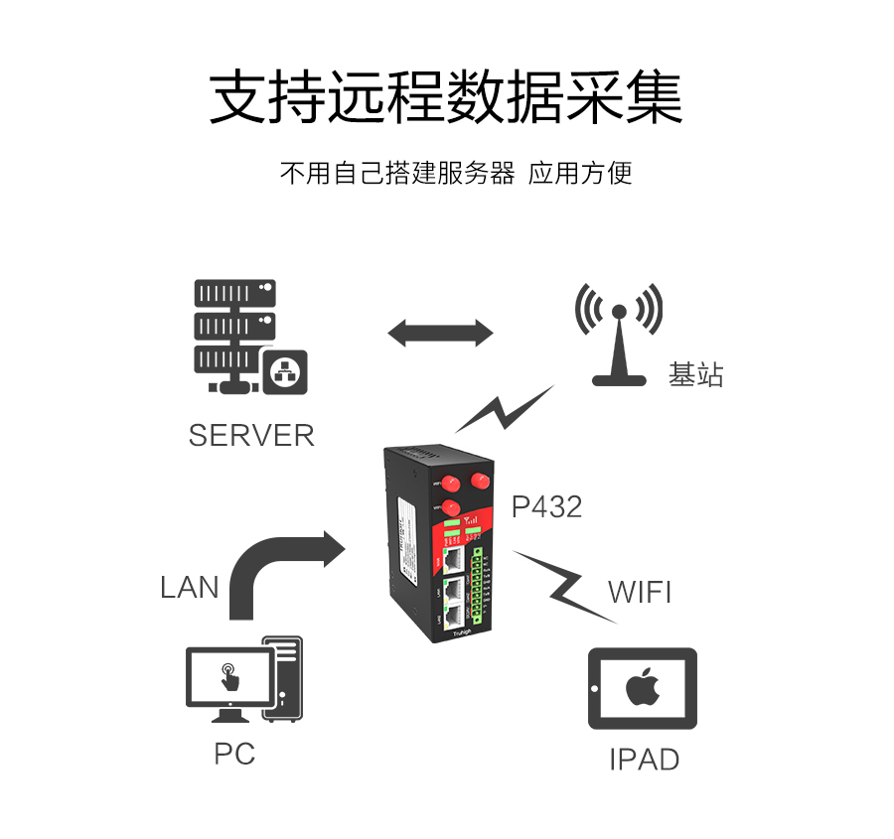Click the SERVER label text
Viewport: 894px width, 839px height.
(x=250, y=435)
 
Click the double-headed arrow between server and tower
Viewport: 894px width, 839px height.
(x=440, y=333)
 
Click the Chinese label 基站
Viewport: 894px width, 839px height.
(x=695, y=375)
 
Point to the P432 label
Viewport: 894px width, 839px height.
(x=546, y=507)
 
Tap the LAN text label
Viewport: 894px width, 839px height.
(x=189, y=587)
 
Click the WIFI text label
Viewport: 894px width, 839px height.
(x=640, y=593)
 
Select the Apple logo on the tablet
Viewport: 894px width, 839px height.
(x=643, y=688)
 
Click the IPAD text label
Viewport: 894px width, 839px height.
(x=644, y=760)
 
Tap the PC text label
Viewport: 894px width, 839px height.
(x=234, y=754)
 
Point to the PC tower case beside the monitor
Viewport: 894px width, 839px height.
(x=283, y=678)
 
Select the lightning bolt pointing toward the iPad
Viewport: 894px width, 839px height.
(x=562, y=586)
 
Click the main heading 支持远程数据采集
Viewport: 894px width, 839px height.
(x=446, y=97)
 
